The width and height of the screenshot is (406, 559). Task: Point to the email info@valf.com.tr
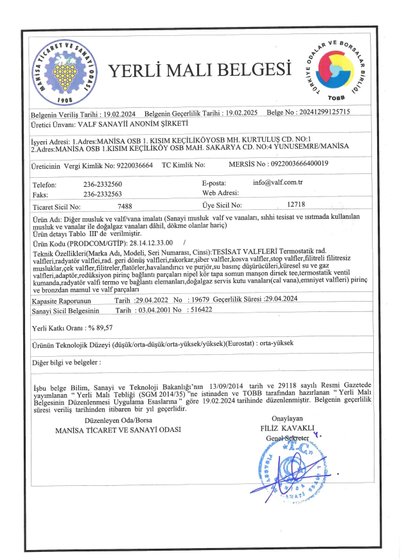pos(278,183)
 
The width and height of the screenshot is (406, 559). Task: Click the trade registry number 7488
pos(125,207)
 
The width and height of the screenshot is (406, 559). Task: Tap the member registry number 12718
pos(296,205)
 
